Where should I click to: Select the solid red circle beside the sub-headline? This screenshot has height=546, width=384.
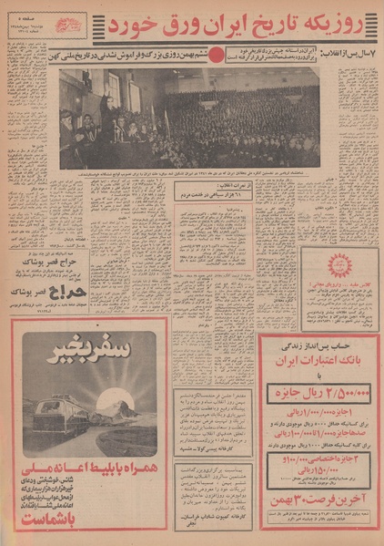pyautogui.click(x=215, y=54)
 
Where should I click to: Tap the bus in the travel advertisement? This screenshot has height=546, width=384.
pyautogui.click(x=61, y=417)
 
